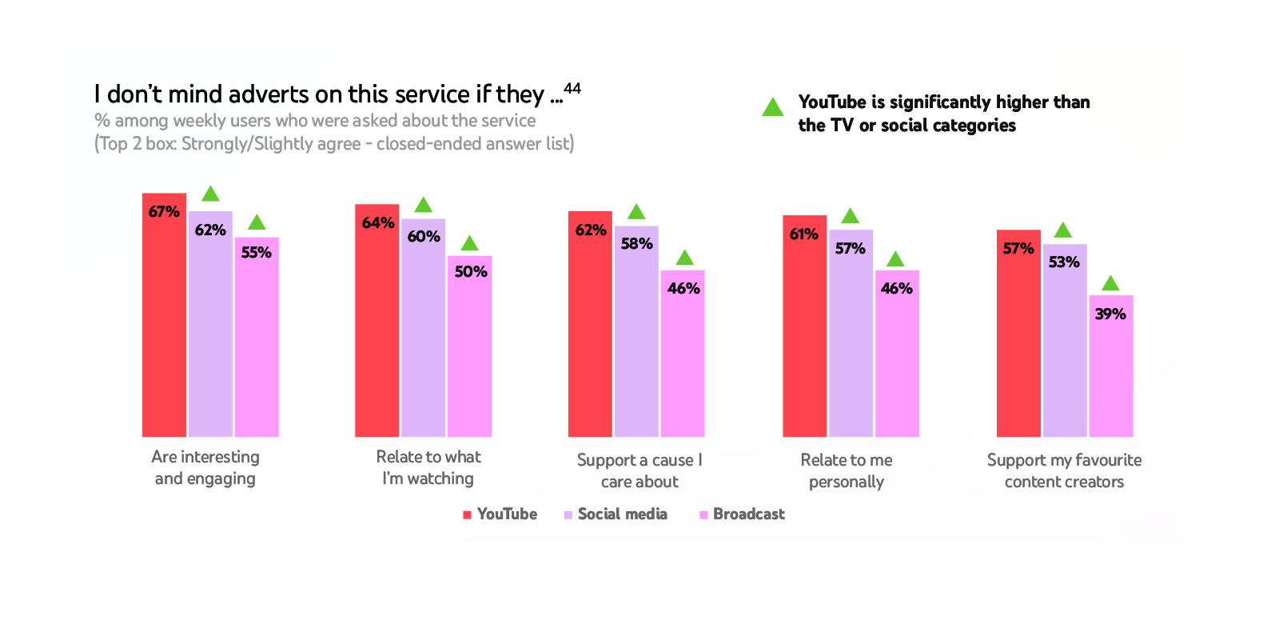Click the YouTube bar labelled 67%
click(164, 320)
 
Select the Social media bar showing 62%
click(210, 328)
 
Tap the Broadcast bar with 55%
click(257, 340)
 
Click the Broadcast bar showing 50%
click(469, 348)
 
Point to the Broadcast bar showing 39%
click(1110, 368)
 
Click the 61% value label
click(803, 234)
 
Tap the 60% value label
click(424, 237)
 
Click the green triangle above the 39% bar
click(1110, 283)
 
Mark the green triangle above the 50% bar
click(469, 243)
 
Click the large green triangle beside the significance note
click(772, 107)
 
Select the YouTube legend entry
click(500, 514)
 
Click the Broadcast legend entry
click(742, 514)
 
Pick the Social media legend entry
click(616, 514)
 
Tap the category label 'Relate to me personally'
click(847, 470)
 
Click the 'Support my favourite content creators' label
click(1064, 470)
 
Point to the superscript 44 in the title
click(572, 88)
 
